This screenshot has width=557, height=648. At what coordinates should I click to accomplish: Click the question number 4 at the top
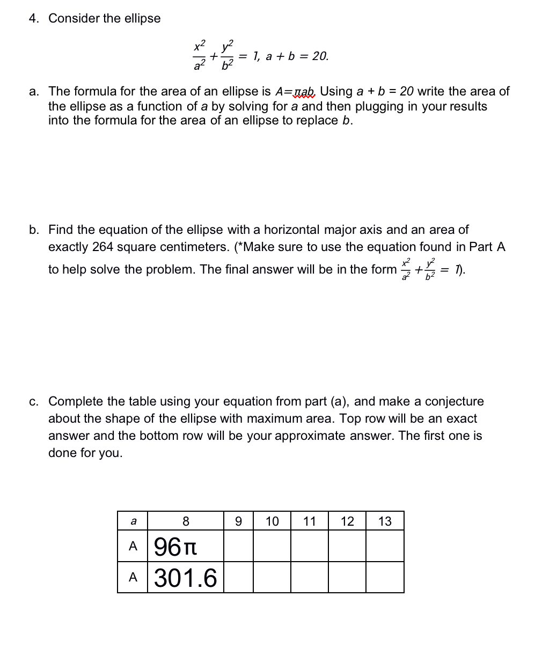[34, 18]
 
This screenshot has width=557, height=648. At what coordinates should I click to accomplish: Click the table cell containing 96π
[186, 547]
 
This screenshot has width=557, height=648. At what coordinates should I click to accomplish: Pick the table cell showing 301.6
[186, 578]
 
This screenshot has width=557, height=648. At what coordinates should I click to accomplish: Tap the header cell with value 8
[186, 521]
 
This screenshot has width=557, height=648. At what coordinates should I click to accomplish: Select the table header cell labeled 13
[385, 521]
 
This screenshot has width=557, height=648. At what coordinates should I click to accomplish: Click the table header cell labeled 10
[272, 521]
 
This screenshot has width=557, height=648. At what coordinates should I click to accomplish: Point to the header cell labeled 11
[310, 521]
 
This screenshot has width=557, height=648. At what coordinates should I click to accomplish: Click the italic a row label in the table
[133, 521]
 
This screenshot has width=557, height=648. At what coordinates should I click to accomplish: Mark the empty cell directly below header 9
[238, 547]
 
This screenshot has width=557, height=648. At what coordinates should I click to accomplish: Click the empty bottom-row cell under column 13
[385, 578]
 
